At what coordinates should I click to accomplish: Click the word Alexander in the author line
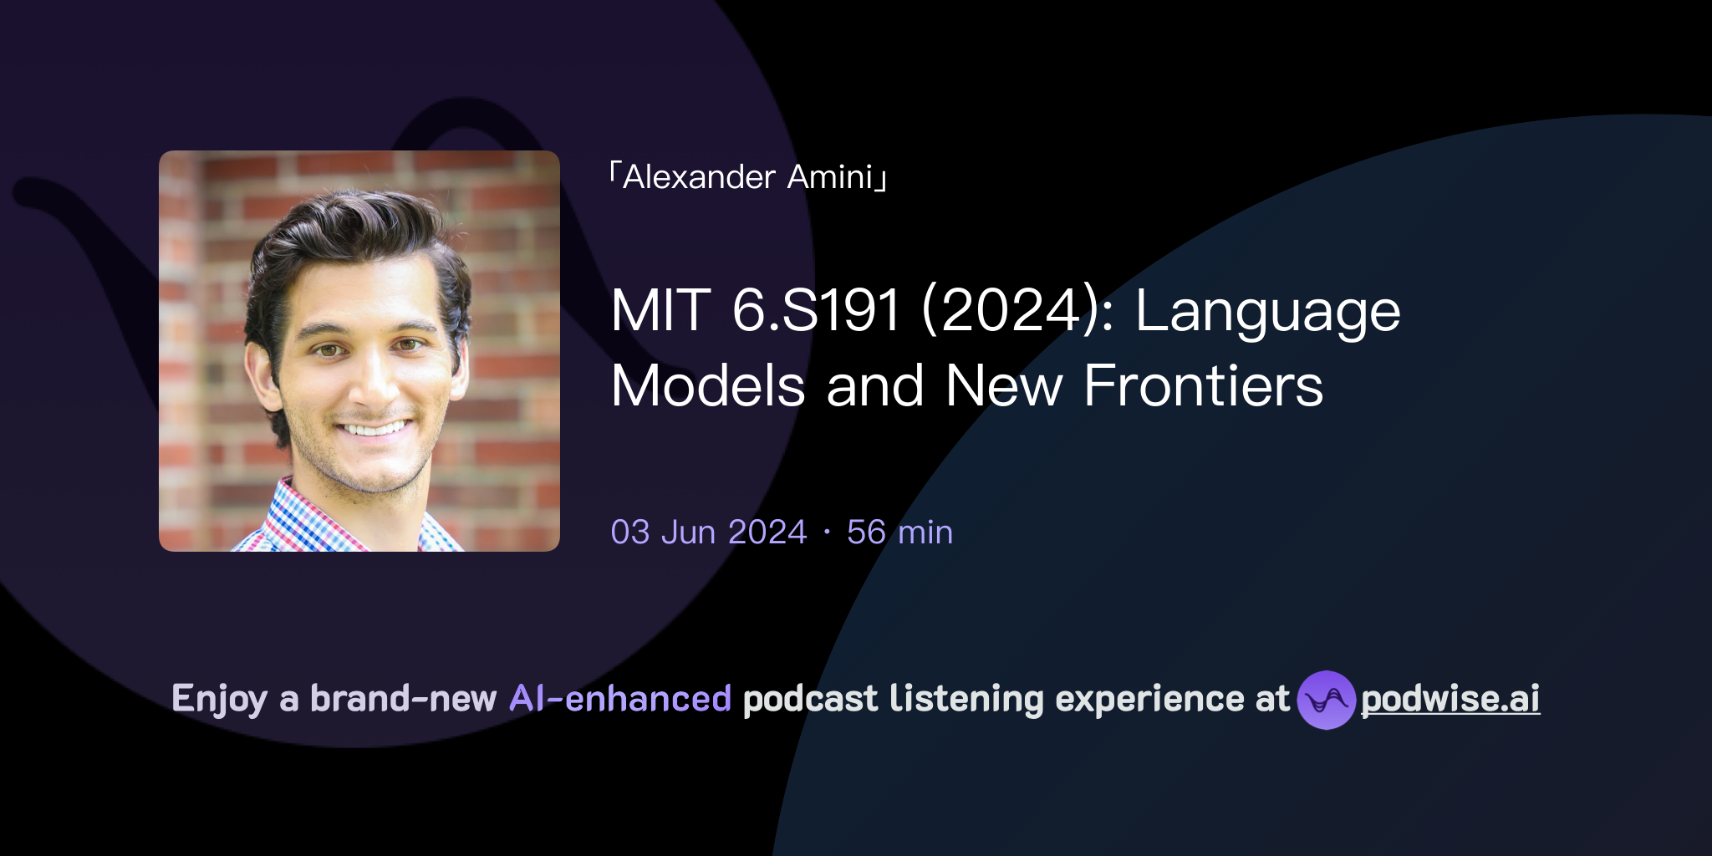tap(699, 177)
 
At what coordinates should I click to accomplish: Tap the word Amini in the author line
tap(829, 177)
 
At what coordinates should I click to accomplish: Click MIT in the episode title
tap(661, 311)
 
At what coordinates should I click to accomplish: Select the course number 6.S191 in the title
tap(816, 311)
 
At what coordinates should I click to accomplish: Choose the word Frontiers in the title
tap(1203, 386)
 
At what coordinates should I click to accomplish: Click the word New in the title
tap(1003, 386)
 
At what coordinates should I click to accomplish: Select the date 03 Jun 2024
tap(709, 532)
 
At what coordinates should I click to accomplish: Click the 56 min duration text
tap(899, 532)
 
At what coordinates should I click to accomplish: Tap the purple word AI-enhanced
tap(620, 699)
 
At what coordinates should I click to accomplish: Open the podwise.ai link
tap(1450, 699)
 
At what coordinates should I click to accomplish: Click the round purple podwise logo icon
tap(1326, 700)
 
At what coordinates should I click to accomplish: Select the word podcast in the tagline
tap(810, 699)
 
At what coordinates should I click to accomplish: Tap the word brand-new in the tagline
tap(403, 699)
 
